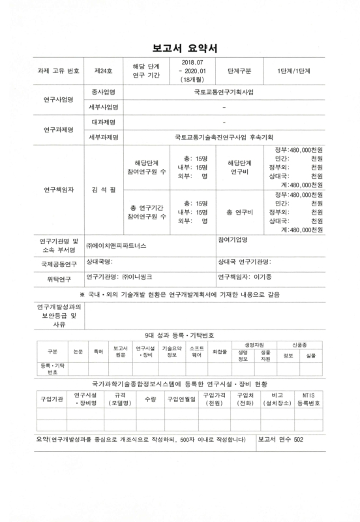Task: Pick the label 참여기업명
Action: click(233, 239)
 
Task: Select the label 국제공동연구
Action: click(59, 262)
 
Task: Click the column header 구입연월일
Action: click(181, 399)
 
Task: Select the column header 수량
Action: click(150, 399)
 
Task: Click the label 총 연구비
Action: click(239, 212)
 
